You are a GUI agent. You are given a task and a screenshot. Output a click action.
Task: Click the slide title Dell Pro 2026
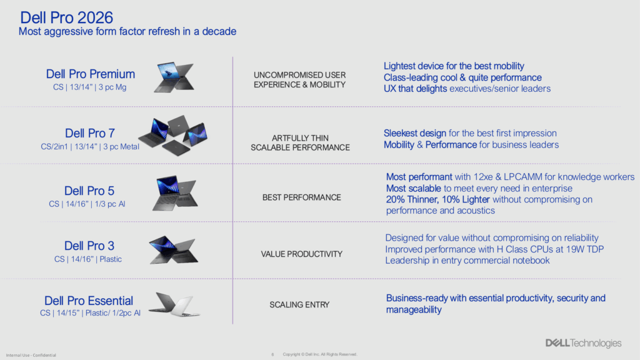coord(66,17)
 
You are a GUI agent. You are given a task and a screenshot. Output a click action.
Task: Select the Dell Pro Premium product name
coord(90,74)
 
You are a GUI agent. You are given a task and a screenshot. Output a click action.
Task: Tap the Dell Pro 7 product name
coord(90,133)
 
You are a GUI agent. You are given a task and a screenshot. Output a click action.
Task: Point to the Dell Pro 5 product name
coord(89,191)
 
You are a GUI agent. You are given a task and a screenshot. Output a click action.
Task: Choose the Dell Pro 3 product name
coord(89,246)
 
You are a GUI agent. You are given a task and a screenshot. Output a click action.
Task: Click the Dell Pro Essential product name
coord(89,301)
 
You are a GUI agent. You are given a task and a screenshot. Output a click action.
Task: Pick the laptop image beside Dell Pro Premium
coord(174,77)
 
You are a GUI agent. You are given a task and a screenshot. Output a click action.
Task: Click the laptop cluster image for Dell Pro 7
coord(173,135)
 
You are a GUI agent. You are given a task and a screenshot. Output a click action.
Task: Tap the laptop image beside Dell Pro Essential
coord(174,304)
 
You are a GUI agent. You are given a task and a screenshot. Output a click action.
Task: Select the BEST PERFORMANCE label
coord(302,197)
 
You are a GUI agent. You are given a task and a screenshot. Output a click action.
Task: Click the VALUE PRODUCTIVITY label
coord(302,254)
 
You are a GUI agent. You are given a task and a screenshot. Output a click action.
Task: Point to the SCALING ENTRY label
coord(299,305)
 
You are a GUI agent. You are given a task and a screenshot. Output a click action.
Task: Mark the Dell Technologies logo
coord(583,343)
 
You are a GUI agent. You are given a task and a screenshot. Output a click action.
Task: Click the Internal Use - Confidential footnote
coord(31,355)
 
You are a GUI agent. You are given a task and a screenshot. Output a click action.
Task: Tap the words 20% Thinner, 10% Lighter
coord(438,199)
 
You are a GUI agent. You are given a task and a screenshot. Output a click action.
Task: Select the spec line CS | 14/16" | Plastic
coord(88,259)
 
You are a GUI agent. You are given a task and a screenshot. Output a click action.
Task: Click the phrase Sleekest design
coord(415,134)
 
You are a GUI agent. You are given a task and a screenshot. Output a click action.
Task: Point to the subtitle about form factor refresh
coord(127,31)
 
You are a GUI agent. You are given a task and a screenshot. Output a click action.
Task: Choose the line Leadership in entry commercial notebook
coord(467,261)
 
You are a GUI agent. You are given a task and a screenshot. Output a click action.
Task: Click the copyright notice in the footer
coord(320,354)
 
